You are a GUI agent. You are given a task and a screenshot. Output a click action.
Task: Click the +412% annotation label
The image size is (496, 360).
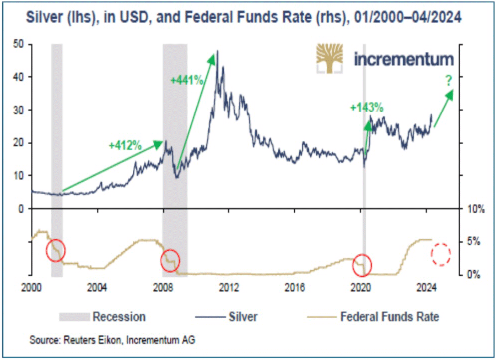click(126, 146)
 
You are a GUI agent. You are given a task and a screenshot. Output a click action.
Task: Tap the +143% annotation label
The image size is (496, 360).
click(366, 108)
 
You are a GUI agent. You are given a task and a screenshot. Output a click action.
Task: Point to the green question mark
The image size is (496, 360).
click(449, 80)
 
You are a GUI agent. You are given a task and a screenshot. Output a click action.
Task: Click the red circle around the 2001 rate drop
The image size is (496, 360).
click(55, 250)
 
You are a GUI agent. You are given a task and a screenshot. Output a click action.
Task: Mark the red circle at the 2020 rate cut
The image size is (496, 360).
click(362, 264)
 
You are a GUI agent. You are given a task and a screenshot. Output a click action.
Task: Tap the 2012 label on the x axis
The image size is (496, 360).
click(229, 287)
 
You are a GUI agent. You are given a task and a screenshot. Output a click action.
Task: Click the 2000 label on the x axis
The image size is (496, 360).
click(32, 287)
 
